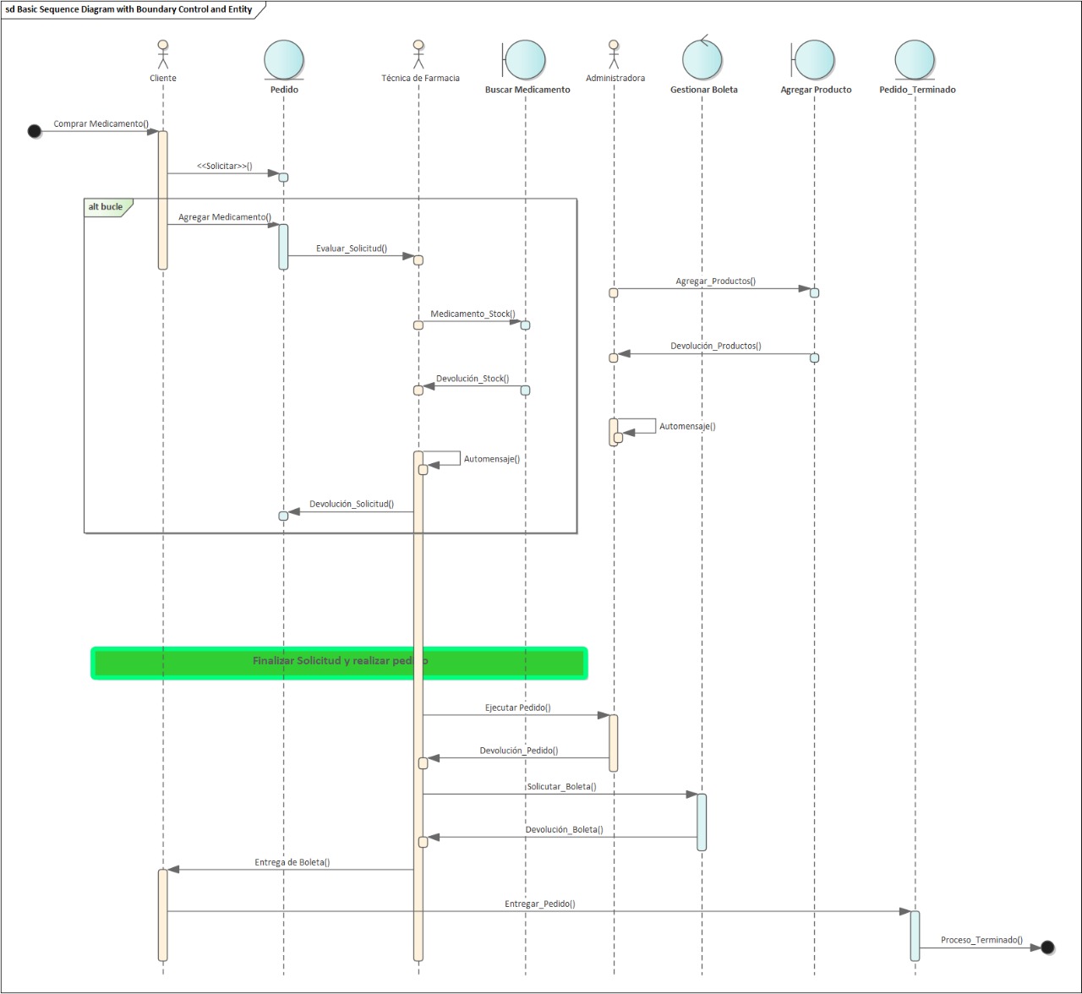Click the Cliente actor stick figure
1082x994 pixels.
(x=163, y=54)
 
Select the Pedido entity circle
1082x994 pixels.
(x=284, y=59)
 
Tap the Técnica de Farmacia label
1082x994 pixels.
(x=420, y=79)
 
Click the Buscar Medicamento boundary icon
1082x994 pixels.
(x=524, y=59)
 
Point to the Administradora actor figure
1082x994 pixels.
(x=614, y=54)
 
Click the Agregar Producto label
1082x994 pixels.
(x=816, y=90)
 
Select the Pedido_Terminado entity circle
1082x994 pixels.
(x=915, y=59)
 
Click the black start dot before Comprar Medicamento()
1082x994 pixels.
(x=35, y=131)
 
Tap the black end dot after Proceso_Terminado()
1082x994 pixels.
(x=1047, y=947)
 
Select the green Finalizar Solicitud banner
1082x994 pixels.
(x=339, y=663)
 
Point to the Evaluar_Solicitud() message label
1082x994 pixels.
(x=352, y=248)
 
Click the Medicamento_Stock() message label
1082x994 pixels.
(x=473, y=314)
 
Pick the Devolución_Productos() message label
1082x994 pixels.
(x=716, y=346)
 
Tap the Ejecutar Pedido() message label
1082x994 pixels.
(x=518, y=707)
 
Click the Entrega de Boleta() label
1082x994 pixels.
(x=292, y=862)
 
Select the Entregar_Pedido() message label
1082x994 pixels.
(x=540, y=904)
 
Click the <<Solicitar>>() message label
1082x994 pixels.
(x=224, y=166)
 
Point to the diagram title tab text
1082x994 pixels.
(x=128, y=9)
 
